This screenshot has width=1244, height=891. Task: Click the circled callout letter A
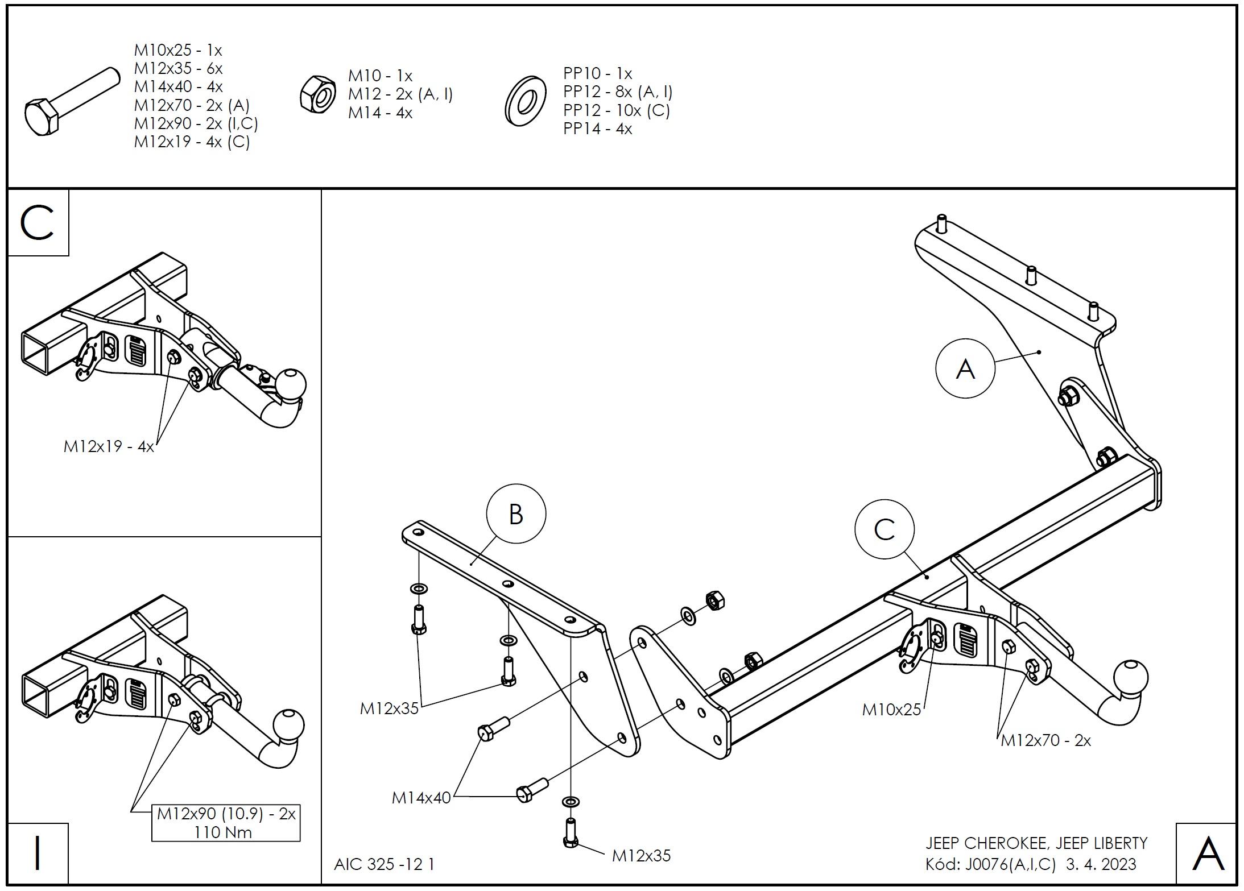[965, 369]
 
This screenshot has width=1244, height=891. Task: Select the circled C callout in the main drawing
[884, 529]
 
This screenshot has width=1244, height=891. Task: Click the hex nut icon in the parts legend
[318, 94]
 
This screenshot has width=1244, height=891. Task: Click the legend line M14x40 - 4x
[178, 87]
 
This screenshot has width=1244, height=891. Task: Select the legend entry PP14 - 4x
[597, 129]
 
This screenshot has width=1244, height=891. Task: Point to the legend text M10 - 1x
[380, 76]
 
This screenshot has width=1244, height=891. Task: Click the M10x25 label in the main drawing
[891, 710]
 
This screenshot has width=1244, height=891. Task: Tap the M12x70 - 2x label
[1045, 740]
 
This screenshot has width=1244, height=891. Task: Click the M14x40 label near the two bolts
[421, 798]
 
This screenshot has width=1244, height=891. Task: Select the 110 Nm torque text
[222, 832]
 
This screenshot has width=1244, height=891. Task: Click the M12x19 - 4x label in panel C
[108, 446]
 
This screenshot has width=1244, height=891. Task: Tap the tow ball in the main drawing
[1131, 678]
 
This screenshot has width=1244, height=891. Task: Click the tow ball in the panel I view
[288, 726]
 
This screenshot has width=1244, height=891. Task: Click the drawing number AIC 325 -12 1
[384, 864]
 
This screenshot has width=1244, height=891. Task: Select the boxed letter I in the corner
[38, 854]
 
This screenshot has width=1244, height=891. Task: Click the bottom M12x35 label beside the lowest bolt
[641, 856]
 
